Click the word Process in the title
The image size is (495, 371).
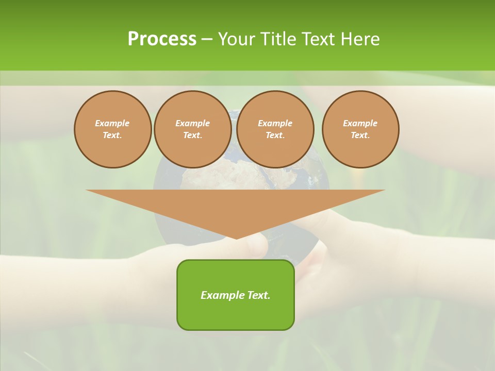tap(162, 39)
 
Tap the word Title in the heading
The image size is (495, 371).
tap(278, 39)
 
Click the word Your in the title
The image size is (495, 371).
tap(238, 39)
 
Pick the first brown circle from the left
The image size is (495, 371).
tap(112, 129)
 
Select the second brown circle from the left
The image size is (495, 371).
tap(192, 129)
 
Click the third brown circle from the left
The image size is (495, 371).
tap(275, 129)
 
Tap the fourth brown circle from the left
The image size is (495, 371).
tap(360, 129)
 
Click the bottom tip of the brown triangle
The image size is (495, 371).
tap(236, 238)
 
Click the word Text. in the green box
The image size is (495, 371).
tap(258, 295)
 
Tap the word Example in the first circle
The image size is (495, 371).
tap(112, 123)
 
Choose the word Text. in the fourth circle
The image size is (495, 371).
tap(360, 136)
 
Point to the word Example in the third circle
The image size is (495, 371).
tap(275, 123)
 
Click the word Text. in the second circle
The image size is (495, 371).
tap(192, 136)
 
